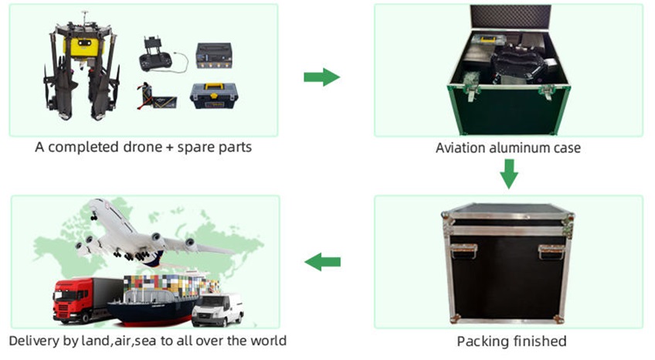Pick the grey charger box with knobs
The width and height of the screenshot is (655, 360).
point(214,56)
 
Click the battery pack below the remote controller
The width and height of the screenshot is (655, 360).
point(157,96)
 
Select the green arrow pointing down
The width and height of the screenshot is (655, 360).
point(508,174)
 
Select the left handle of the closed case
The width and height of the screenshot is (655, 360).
point(463,251)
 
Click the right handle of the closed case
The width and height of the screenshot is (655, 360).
point(551,251)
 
